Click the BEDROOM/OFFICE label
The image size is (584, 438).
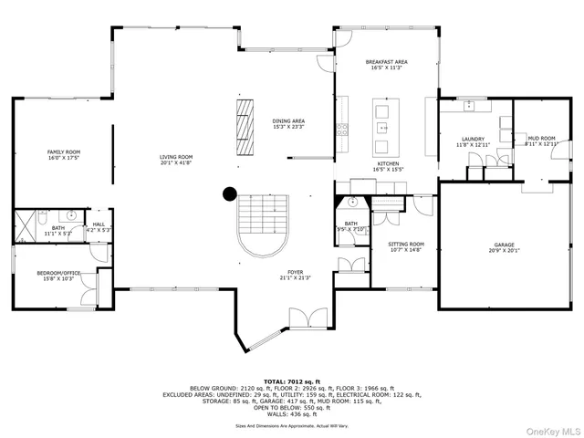click(x=58, y=275)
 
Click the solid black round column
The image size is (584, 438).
click(x=230, y=193)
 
